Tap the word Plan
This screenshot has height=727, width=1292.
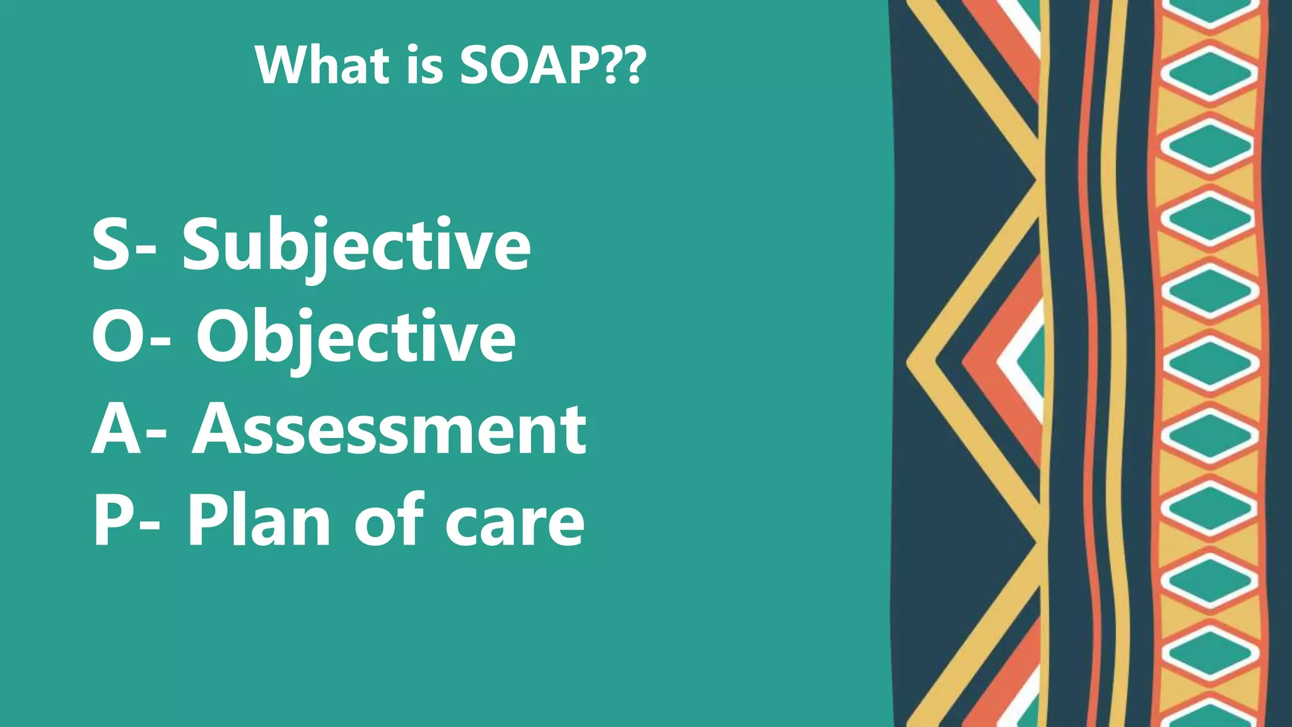tap(259, 521)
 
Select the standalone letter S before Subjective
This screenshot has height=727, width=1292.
tap(112, 244)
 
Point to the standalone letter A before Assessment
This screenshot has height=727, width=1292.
tap(117, 429)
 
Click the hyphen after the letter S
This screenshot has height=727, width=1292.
tap(146, 251)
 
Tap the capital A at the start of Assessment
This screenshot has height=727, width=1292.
tap(218, 429)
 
